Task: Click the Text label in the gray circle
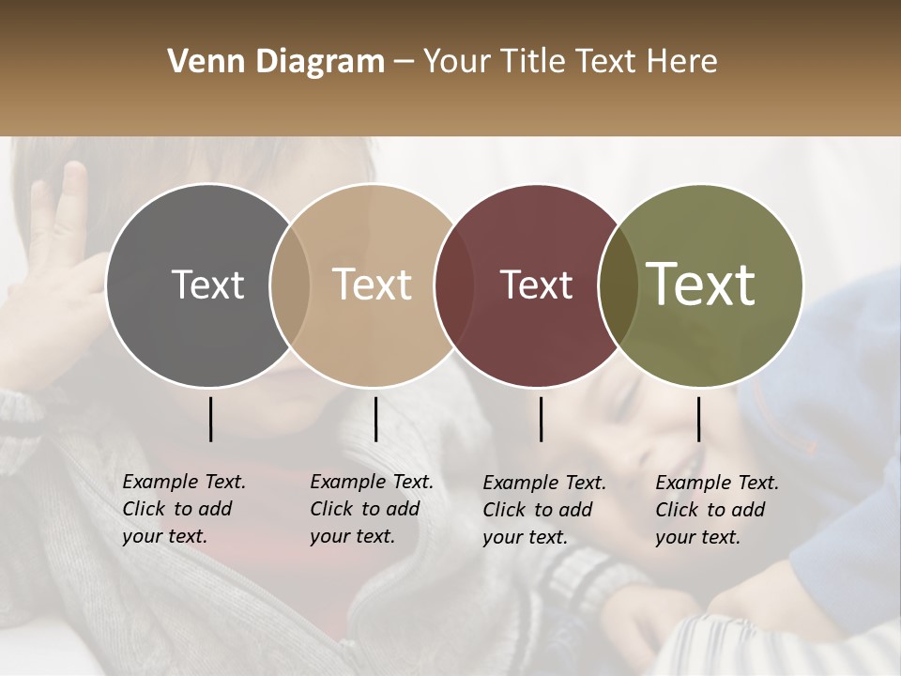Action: pos(207,284)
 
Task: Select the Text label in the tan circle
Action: pos(373,284)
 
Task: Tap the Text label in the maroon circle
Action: pos(536,284)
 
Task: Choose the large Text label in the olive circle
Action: pos(701,284)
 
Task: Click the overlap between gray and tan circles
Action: pos(290,285)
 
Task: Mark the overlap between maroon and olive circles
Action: pos(617,285)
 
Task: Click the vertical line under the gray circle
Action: pos(210,419)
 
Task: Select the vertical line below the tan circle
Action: pos(375,419)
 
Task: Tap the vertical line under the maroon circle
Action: pos(541,419)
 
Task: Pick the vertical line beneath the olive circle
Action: pos(698,419)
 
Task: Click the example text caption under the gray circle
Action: pos(184,509)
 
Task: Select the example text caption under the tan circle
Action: pos(372,509)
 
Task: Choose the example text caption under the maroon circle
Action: pos(544,510)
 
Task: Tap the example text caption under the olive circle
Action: pos(717,510)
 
